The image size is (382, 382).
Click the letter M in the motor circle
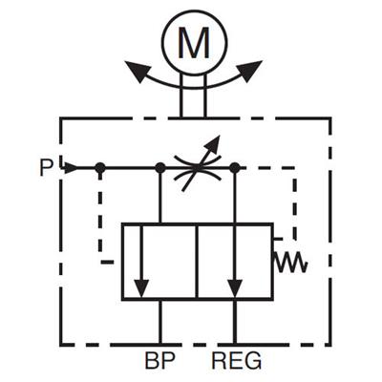coord(194,43)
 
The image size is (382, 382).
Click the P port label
coord(47,168)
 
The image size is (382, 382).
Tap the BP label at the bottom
coord(160,360)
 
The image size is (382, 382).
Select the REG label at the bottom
coord(237,360)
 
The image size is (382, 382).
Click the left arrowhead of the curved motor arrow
coord(137,71)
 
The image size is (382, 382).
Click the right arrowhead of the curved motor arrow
coord(249,71)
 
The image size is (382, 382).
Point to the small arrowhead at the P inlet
coord(71,168)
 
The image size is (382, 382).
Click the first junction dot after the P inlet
coord(100,167)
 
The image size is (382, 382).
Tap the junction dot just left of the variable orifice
coord(159,167)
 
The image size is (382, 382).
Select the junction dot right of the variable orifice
coord(235,167)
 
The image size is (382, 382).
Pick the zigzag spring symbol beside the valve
coord(290,262)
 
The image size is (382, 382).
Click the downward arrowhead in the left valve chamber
coord(141,288)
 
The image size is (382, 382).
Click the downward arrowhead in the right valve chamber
coord(235,288)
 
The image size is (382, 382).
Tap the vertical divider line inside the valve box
coord(198,262)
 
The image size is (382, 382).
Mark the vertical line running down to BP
coord(160,322)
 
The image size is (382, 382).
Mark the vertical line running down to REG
coord(235,322)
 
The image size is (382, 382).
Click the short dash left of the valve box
coord(107,262)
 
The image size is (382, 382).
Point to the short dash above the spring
coord(278,238)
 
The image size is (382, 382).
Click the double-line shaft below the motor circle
coord(193,95)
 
